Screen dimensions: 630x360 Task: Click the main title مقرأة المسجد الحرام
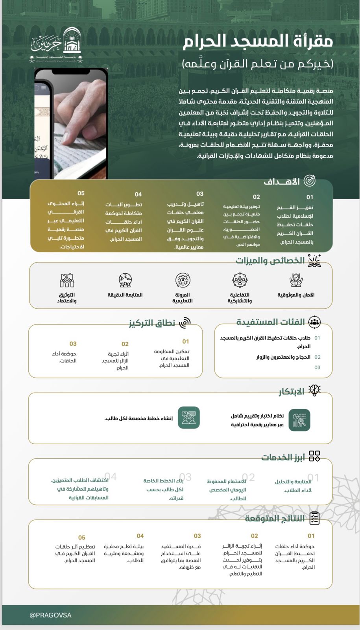tap(258, 41)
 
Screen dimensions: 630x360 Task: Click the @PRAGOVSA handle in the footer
tap(50, 615)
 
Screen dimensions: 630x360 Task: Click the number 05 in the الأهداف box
tap(81, 193)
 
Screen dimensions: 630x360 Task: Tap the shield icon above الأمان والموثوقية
tap(296, 280)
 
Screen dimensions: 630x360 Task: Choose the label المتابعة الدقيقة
tap(125, 295)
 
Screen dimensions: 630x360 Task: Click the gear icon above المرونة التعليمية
tap(183, 280)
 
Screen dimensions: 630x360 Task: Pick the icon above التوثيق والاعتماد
tap(67, 280)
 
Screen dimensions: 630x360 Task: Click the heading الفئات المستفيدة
tap(271, 322)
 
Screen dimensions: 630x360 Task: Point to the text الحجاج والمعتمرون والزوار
tap(283, 357)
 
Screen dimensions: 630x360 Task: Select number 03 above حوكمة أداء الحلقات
tap(73, 344)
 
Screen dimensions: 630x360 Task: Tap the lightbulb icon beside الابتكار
tap(314, 390)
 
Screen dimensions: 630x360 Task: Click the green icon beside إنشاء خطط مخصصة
tap(189, 418)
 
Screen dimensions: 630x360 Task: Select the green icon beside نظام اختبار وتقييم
tap(299, 420)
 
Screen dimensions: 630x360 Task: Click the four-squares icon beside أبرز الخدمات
tap(314, 456)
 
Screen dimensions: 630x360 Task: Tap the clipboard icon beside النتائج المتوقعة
tap(314, 518)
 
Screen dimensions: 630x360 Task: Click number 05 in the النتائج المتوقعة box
tap(81, 537)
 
